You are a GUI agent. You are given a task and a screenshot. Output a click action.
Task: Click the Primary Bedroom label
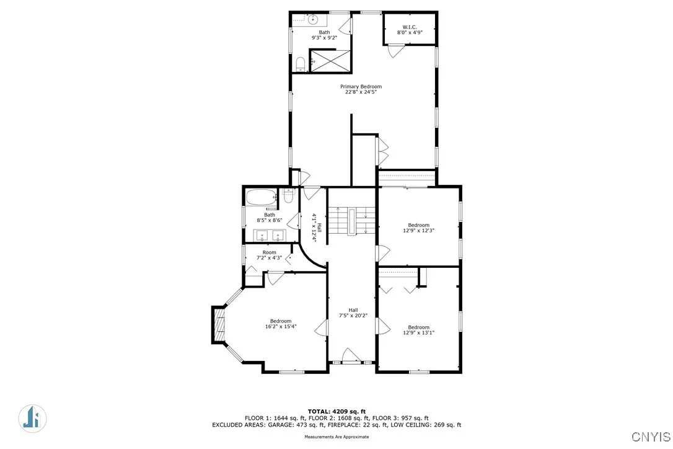click(x=361, y=87)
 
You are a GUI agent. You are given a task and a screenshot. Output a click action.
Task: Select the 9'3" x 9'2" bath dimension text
click(x=324, y=38)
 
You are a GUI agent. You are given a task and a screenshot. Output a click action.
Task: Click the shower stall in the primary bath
click(x=330, y=60)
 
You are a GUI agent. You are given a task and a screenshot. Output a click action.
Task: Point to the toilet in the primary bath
click(x=301, y=63)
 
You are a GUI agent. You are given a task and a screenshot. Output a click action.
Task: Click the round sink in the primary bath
click(x=313, y=20)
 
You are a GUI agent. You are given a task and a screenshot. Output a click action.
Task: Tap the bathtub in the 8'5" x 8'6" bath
click(x=263, y=198)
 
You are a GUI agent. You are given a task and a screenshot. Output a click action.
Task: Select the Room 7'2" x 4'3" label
click(x=269, y=255)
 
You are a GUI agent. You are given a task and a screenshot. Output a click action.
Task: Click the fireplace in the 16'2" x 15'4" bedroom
click(x=218, y=324)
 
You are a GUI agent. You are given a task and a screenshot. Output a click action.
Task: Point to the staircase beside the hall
click(x=352, y=220)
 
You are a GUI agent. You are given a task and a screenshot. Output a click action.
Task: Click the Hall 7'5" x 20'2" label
click(x=353, y=313)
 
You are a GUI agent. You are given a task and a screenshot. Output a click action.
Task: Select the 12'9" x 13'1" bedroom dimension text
click(x=418, y=332)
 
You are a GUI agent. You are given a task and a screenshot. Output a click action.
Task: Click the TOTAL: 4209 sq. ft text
click(x=336, y=411)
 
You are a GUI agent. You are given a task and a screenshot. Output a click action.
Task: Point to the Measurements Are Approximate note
click(x=336, y=437)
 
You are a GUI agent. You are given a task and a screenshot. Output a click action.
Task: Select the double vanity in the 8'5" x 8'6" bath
click(x=270, y=236)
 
